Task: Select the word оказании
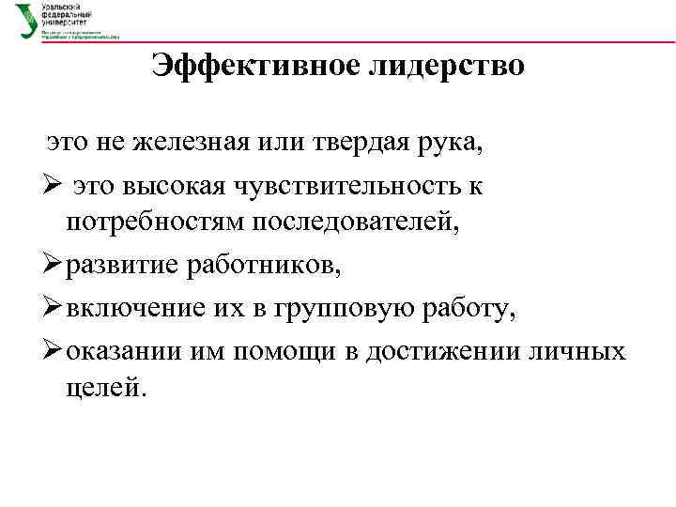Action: pyautogui.click(x=126, y=351)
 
